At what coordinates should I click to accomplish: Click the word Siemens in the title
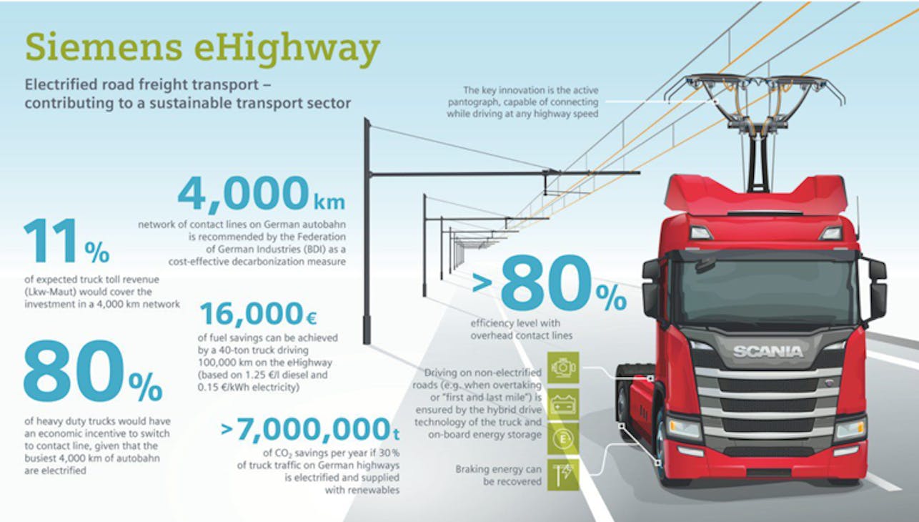(104, 47)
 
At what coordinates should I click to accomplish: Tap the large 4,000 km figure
(262, 194)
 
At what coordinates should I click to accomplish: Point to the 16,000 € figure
(259, 314)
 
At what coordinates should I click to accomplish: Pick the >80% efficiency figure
(549, 283)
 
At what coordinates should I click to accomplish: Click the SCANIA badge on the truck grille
(768, 352)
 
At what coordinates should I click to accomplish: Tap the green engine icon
(563, 368)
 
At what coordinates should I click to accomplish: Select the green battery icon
(563, 405)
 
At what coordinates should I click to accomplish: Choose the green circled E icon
(563, 439)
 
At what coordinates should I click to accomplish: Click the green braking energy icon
(563, 475)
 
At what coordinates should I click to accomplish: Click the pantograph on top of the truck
(755, 123)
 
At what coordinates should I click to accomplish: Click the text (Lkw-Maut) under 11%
(50, 292)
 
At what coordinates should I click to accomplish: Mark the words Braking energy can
(499, 469)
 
